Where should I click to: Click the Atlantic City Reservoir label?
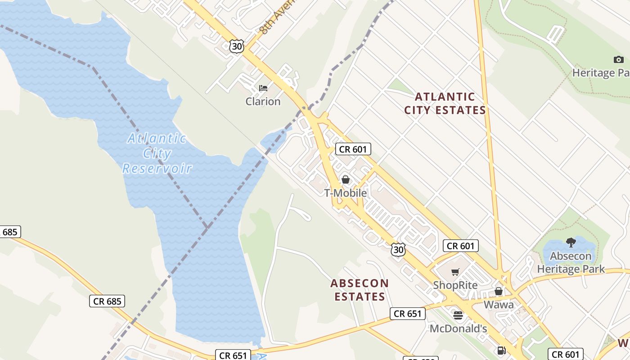157,153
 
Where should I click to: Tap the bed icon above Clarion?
263,88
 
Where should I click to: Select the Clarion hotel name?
263,101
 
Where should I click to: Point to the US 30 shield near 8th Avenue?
236,46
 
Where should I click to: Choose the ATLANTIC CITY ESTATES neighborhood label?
445,103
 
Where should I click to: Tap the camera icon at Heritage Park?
618,59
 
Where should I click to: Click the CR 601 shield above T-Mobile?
353,149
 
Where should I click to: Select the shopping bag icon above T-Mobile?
346,180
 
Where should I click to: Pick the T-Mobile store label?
346,193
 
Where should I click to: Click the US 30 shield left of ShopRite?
398,250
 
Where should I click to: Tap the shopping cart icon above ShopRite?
455,272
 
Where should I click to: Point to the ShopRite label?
455,285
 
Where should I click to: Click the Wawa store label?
499,305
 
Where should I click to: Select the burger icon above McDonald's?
458,315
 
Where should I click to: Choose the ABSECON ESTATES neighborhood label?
360,290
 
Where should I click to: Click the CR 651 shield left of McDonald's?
407,314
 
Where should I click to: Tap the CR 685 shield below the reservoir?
107,301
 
